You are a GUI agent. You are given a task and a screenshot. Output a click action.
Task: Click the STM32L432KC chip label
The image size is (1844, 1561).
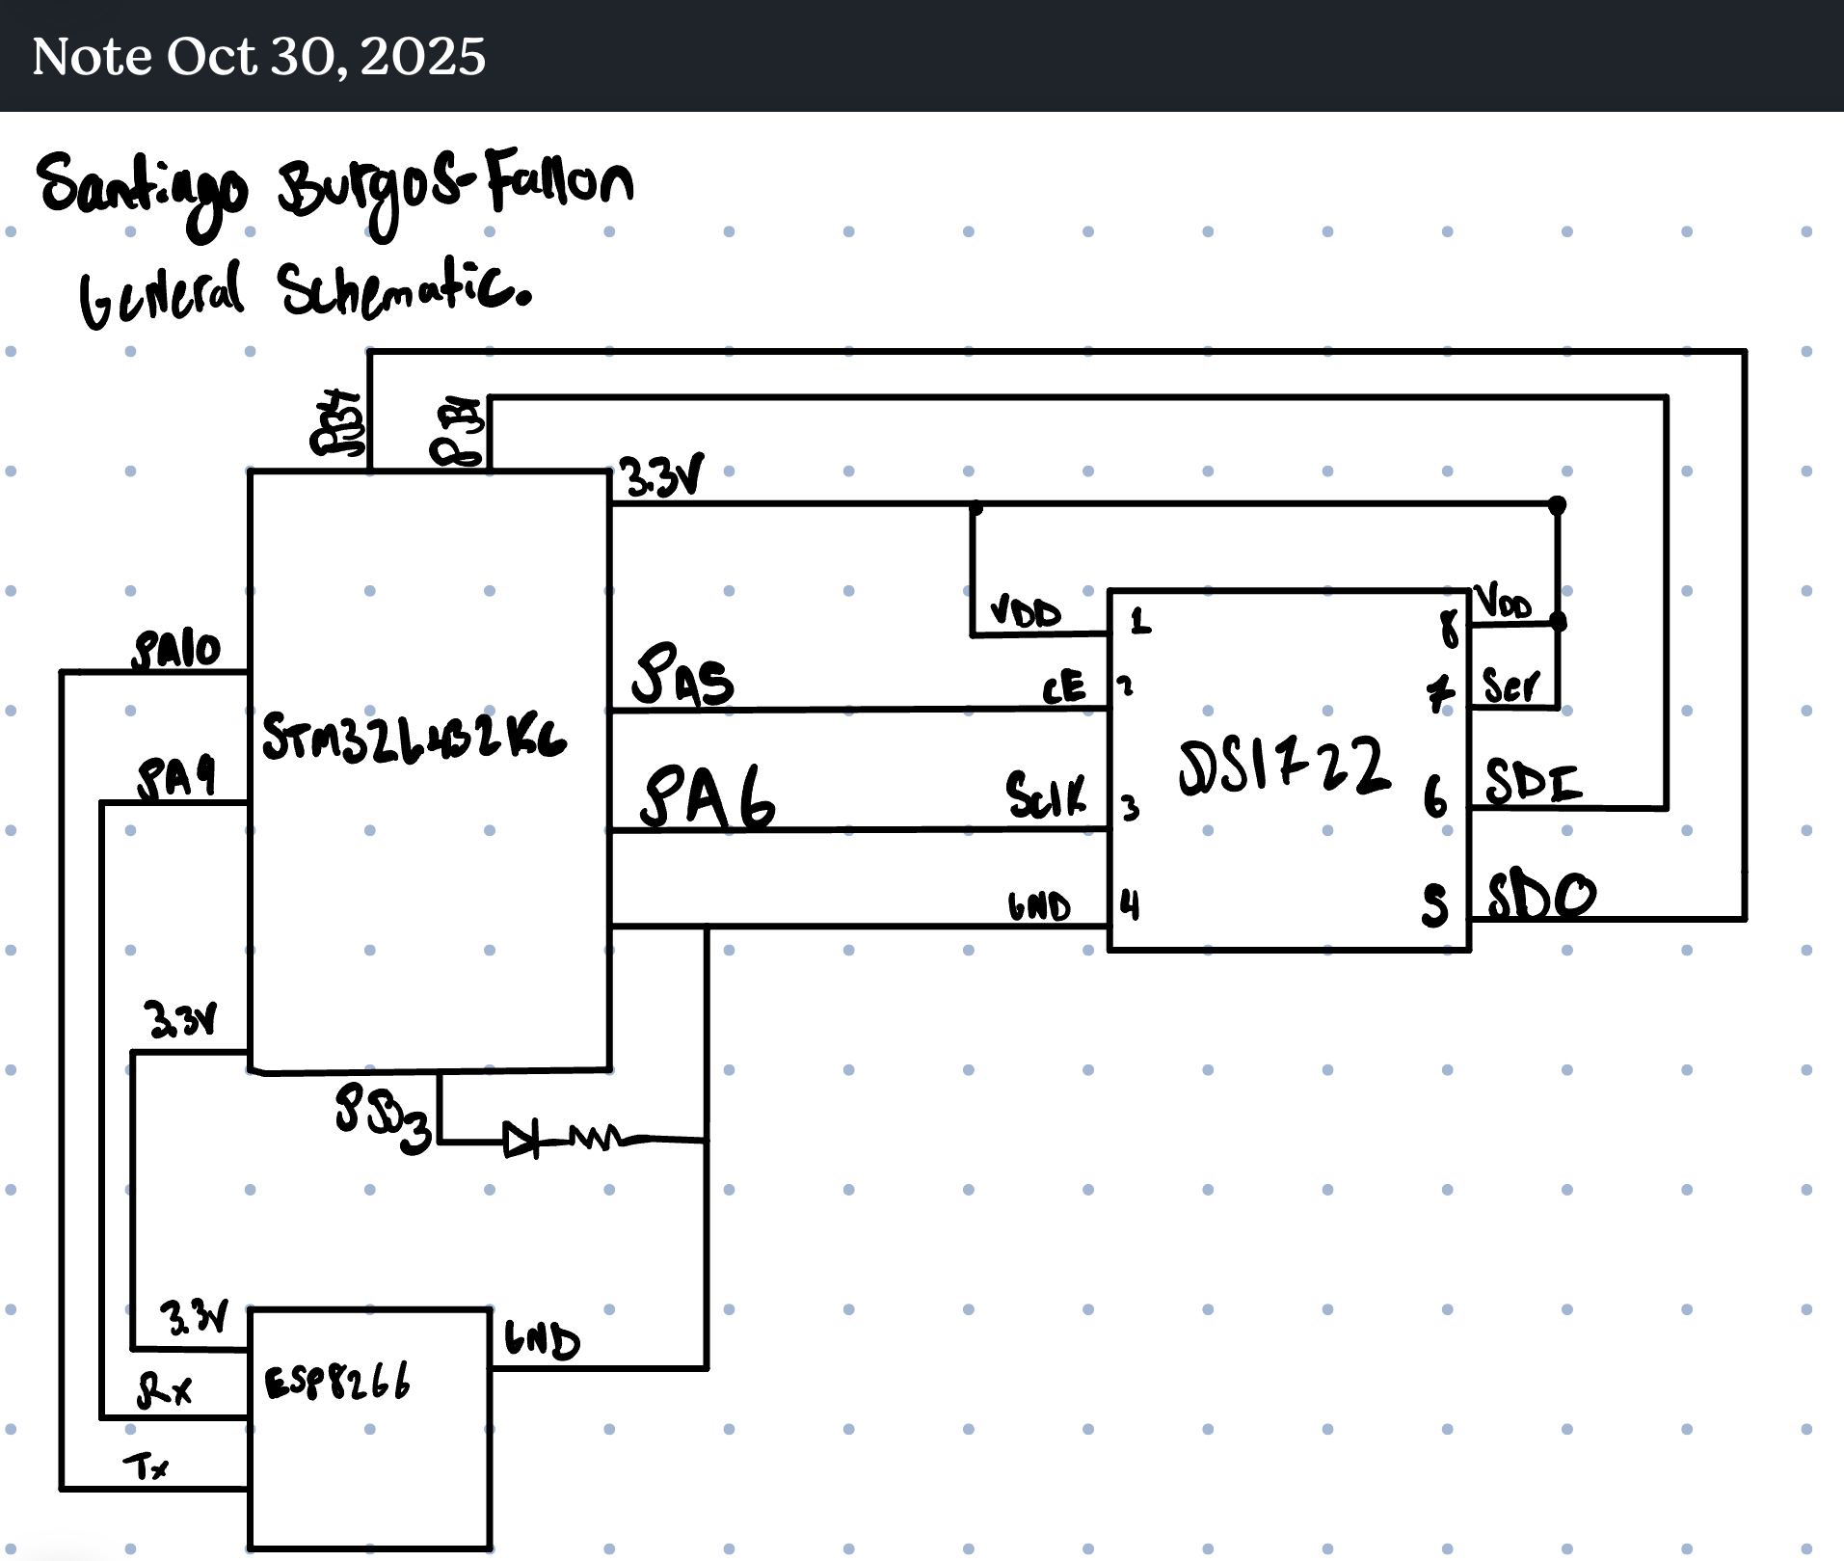(x=414, y=739)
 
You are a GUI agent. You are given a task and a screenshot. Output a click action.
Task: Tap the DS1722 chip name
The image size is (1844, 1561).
(x=1283, y=766)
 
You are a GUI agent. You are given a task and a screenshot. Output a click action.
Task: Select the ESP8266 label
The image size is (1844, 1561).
(x=337, y=1382)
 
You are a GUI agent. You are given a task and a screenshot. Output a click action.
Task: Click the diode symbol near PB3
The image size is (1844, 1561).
(x=521, y=1141)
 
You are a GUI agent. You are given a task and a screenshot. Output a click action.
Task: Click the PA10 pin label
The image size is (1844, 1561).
(x=177, y=651)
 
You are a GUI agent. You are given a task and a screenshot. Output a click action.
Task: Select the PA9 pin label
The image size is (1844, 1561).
(x=176, y=778)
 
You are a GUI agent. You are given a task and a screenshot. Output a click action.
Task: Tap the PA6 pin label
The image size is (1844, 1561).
(x=708, y=798)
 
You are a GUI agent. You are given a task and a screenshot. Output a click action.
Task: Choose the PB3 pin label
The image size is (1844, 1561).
(x=382, y=1118)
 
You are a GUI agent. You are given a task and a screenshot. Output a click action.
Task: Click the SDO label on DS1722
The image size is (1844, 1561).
(x=1541, y=896)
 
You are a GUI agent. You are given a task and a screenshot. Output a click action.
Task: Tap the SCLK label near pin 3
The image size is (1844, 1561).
(x=1045, y=796)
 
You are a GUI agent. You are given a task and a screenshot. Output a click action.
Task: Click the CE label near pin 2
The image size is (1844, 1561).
(x=1063, y=688)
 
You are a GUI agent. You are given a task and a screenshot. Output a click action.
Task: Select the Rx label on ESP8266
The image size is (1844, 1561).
(x=164, y=1390)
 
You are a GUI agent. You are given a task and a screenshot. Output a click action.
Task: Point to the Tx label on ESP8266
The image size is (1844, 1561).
(x=146, y=1467)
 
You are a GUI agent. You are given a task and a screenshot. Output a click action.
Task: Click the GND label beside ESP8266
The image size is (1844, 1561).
(x=542, y=1340)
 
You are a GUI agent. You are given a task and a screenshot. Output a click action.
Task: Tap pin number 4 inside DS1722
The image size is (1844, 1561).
(x=1130, y=904)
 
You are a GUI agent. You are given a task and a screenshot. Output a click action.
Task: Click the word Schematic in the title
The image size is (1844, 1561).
(x=405, y=289)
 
